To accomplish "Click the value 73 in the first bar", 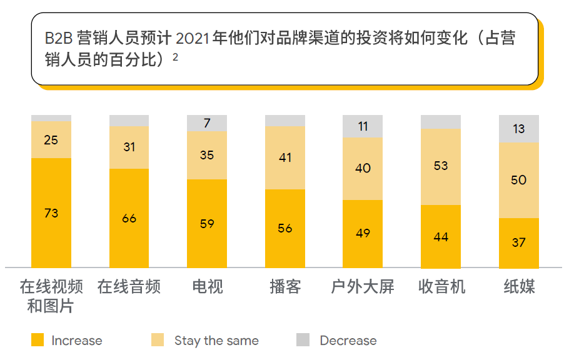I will coord(51,213).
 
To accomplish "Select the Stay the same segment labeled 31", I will coord(129,147).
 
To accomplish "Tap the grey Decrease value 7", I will coord(207,123).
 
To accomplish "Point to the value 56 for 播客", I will coord(285,228).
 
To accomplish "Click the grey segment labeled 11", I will coord(363,126).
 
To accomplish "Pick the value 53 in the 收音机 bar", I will coord(441,166).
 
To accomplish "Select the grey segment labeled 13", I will coord(518,129).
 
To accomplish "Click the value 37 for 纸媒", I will coord(518,242).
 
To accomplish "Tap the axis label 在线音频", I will coord(129,287).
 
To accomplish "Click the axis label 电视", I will coord(207,287).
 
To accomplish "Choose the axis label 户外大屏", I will coord(363,287).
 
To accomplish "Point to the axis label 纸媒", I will coord(519,287).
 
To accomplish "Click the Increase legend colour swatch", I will coord(38,341).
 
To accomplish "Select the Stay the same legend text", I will coord(216,341).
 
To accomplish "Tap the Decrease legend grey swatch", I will coord(303,341).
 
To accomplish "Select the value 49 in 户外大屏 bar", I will coord(363,233).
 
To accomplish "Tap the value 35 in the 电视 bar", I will coord(207,155).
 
